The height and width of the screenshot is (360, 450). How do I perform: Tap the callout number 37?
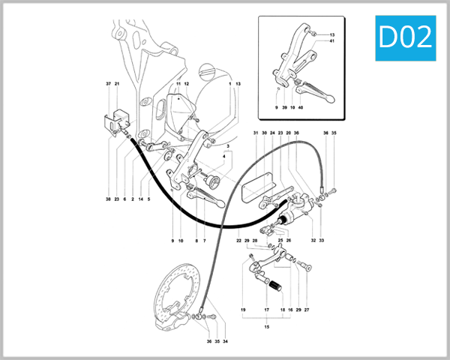tap(108, 83)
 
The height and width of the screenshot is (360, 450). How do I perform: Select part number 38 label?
tap(108, 199)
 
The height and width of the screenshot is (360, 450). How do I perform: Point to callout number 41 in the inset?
tap(332, 42)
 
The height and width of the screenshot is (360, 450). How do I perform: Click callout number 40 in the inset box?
tap(301, 108)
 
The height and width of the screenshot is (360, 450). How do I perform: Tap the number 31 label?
tap(255, 133)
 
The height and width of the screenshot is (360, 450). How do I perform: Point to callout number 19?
tap(244, 309)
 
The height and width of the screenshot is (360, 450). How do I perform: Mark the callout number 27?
tap(307, 309)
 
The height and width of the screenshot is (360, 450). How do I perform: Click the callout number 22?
tap(238, 241)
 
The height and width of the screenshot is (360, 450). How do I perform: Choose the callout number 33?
tap(322, 241)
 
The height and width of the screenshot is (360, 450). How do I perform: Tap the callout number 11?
tap(178, 83)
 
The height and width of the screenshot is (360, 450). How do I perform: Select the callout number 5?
tap(148, 199)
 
